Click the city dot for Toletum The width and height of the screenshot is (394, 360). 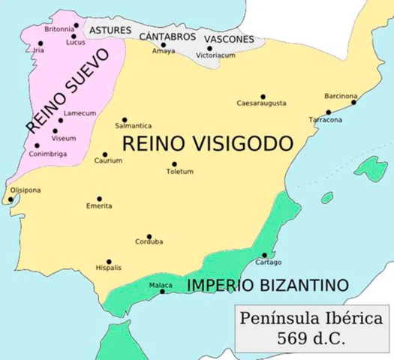(175, 164)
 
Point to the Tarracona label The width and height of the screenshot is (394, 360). (326, 120)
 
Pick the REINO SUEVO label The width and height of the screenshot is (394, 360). (68, 88)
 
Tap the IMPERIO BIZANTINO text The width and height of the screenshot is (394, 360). (269, 286)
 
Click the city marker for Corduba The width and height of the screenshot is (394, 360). (149, 236)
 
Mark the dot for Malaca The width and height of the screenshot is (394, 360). (163, 291)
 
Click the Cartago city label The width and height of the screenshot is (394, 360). (268, 262)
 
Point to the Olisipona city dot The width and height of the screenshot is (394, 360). (9, 199)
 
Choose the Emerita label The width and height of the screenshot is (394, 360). (99, 205)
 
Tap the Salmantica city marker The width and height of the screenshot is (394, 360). (124, 119)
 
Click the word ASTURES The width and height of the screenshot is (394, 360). (111, 30)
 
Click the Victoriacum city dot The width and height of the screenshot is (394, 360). (209, 49)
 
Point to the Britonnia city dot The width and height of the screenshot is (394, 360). (75, 27)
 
